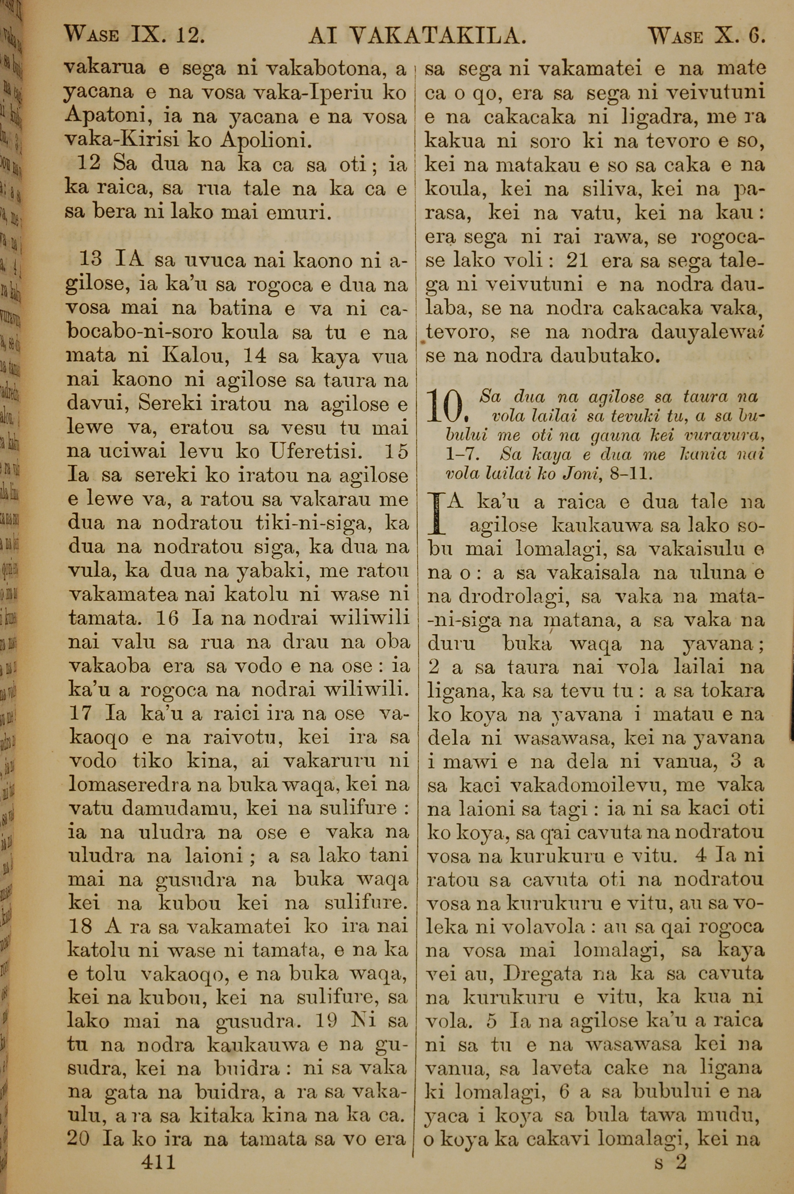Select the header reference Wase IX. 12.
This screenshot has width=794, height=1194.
pyautogui.click(x=135, y=36)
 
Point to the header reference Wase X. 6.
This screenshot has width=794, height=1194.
pyautogui.click(x=706, y=36)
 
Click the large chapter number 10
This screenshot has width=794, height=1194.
pyautogui.click(x=445, y=406)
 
